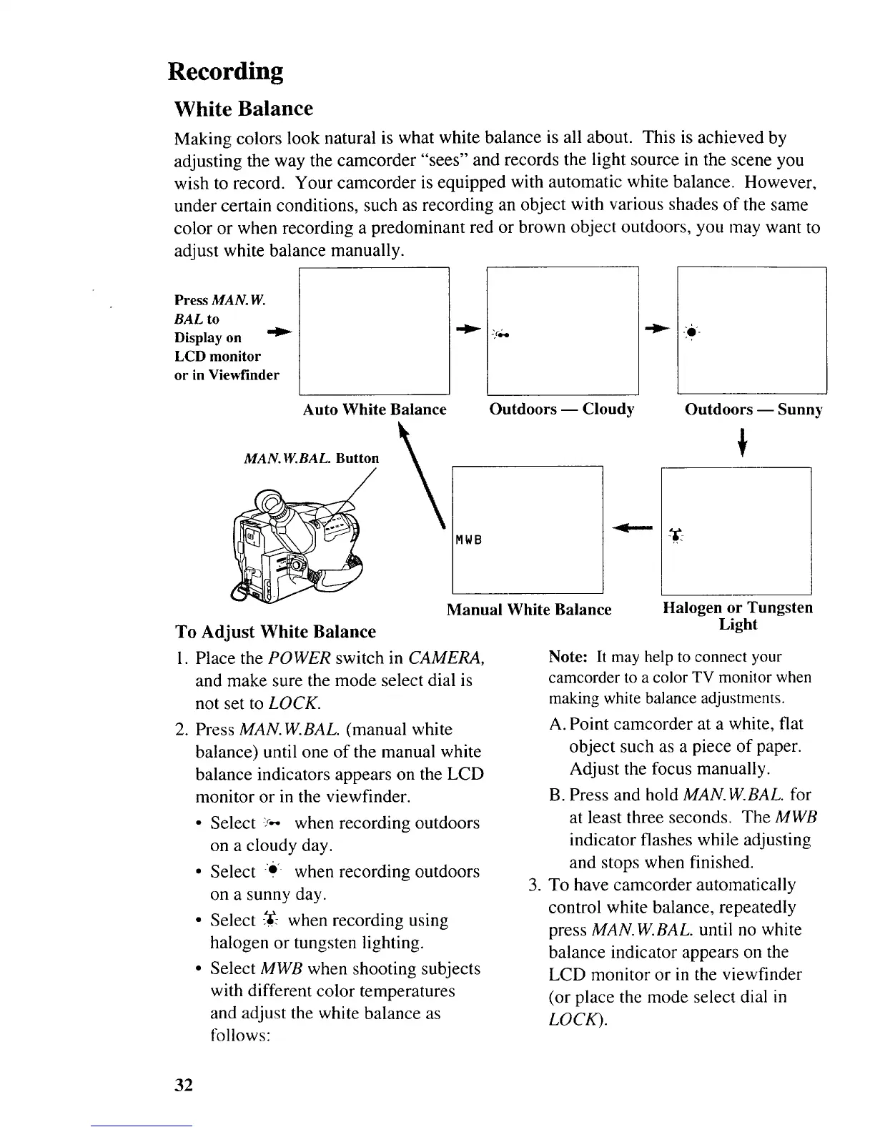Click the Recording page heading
[225, 71]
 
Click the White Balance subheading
[244, 109]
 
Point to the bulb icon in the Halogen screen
[673, 535]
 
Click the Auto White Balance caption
[375, 409]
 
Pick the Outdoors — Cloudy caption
[561, 409]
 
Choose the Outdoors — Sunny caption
[753, 409]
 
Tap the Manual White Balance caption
[529, 610]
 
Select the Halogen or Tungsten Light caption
[738, 615]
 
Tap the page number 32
[184, 1086]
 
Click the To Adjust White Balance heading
[275, 632]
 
